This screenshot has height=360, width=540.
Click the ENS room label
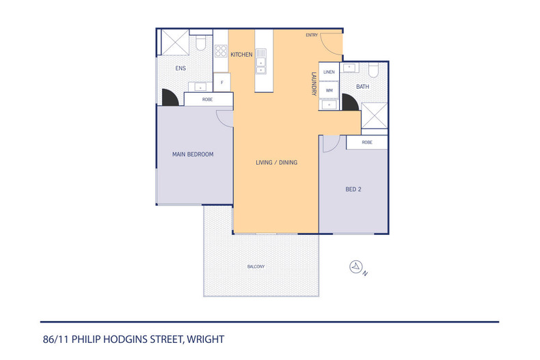coord(180,68)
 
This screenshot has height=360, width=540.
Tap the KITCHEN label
coord(241,55)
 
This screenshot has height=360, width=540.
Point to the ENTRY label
coord(312,36)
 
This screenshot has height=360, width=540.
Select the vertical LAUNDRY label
coord(314,83)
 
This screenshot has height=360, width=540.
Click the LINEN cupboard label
coord(329,72)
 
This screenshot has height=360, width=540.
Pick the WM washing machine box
coord(329,90)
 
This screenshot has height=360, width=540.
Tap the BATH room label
coord(362,87)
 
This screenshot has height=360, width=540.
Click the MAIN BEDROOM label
coord(193,154)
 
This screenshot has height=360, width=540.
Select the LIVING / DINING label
coord(276,163)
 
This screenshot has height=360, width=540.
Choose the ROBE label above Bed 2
coord(367,142)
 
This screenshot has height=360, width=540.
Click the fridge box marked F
coord(221,83)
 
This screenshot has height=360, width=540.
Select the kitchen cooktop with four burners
coord(221,50)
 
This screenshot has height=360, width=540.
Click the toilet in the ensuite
coord(201,43)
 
